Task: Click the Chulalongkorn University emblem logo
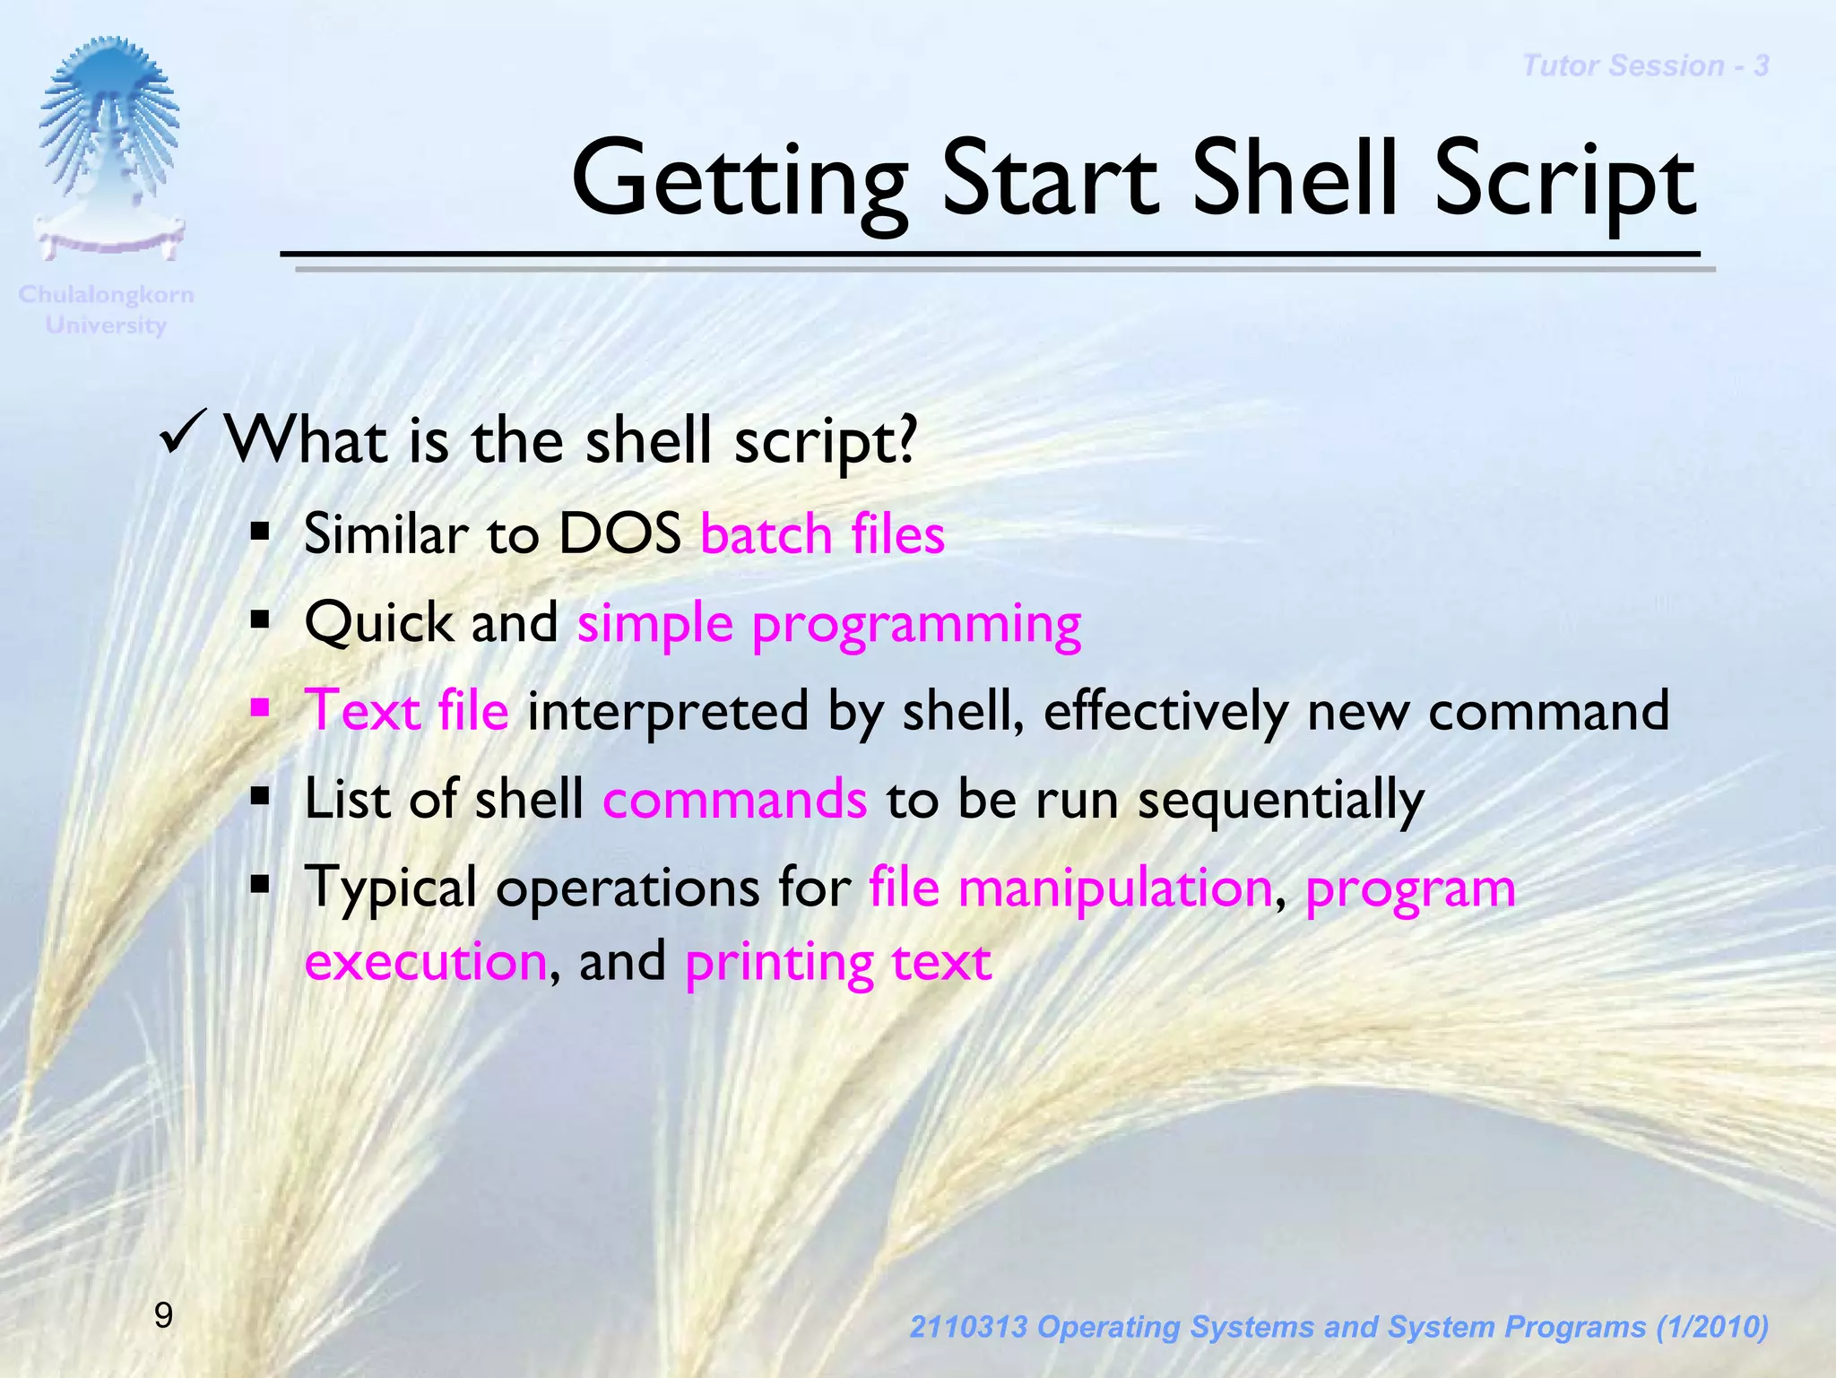coord(108,148)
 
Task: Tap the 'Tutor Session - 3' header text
coord(1645,66)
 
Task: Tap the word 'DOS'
coord(619,534)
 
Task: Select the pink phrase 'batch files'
coord(822,534)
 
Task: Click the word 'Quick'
coord(378,622)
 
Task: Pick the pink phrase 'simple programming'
coord(828,624)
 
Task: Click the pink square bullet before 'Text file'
coord(261,708)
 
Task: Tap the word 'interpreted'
coord(667,711)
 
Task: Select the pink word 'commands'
coord(734,799)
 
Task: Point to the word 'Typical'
coord(390,888)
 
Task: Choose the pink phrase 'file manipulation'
coord(1070,888)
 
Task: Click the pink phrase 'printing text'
coord(837,962)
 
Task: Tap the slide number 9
coord(163,1315)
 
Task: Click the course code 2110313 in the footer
coord(967,1327)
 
